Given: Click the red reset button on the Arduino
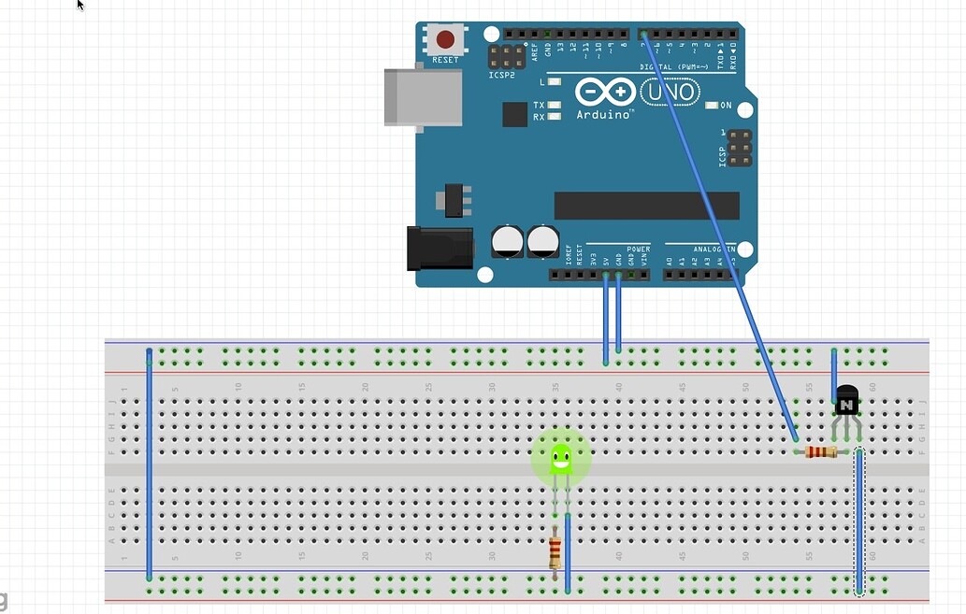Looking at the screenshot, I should [445, 39].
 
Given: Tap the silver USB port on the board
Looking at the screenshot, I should [424, 96].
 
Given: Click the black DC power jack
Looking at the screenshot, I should [439, 249].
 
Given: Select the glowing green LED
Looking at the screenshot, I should [561, 457].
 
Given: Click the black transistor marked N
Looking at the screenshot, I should [846, 402].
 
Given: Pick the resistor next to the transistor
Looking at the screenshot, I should [821, 452].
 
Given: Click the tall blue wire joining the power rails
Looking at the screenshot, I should [149, 464].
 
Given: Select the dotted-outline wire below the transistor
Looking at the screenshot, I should [858, 523].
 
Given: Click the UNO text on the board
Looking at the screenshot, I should [669, 92].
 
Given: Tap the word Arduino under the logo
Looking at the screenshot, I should [604, 114].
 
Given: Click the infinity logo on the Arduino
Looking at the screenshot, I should [604, 92].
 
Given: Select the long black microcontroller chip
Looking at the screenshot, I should [646, 206].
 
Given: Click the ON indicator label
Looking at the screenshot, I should [726, 106].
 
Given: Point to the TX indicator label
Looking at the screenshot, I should [539, 106].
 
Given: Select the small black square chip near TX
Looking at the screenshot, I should [514, 114].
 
